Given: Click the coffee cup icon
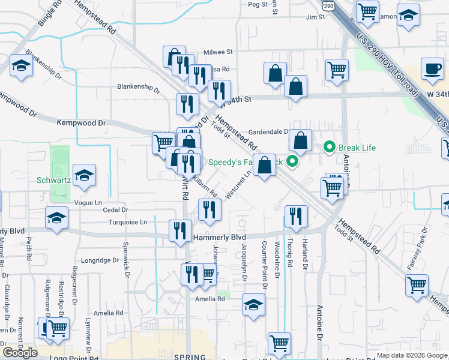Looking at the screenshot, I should pyautogui.click(x=432, y=68).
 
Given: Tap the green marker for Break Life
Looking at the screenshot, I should pyautogui.click(x=329, y=146).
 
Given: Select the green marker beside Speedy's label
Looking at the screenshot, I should pyautogui.click(x=292, y=161).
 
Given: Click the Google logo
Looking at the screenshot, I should pyautogui.click(x=20, y=352).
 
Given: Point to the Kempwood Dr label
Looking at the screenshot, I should pyautogui.click(x=81, y=123).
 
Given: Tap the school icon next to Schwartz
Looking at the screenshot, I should pyautogui.click(x=84, y=176).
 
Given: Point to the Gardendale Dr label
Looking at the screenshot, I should pyautogui.click(x=268, y=132).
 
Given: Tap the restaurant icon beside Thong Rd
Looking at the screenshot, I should pyautogui.click(x=295, y=217).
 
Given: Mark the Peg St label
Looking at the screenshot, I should pyautogui.click(x=257, y=4).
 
